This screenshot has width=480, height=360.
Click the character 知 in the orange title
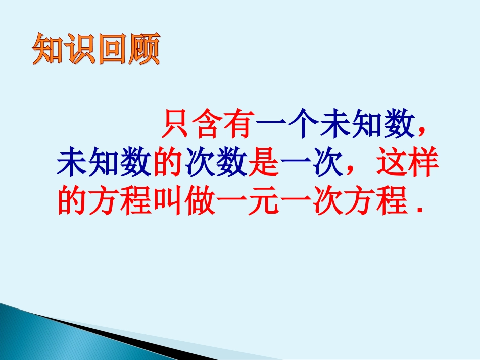[x=49, y=48]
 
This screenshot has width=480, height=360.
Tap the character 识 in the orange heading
[x=80, y=48]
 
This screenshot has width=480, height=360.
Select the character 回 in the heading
[x=112, y=48]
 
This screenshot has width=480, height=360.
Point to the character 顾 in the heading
[x=144, y=48]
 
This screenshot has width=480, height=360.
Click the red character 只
[x=176, y=124]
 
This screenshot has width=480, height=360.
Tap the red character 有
[x=239, y=124]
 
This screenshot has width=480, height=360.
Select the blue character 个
[x=304, y=124]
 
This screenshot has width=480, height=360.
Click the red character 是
[x=264, y=162]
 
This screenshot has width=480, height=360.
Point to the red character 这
[x=392, y=162]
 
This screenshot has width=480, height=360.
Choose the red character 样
[x=423, y=162]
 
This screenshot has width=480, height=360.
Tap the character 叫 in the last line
[x=168, y=200]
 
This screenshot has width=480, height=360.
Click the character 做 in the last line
[x=200, y=200]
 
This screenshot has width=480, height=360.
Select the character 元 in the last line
[x=264, y=200]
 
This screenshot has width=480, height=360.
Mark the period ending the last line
[x=420, y=210]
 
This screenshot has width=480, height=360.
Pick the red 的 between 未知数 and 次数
[x=168, y=162]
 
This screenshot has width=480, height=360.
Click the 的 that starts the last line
[x=72, y=200]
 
